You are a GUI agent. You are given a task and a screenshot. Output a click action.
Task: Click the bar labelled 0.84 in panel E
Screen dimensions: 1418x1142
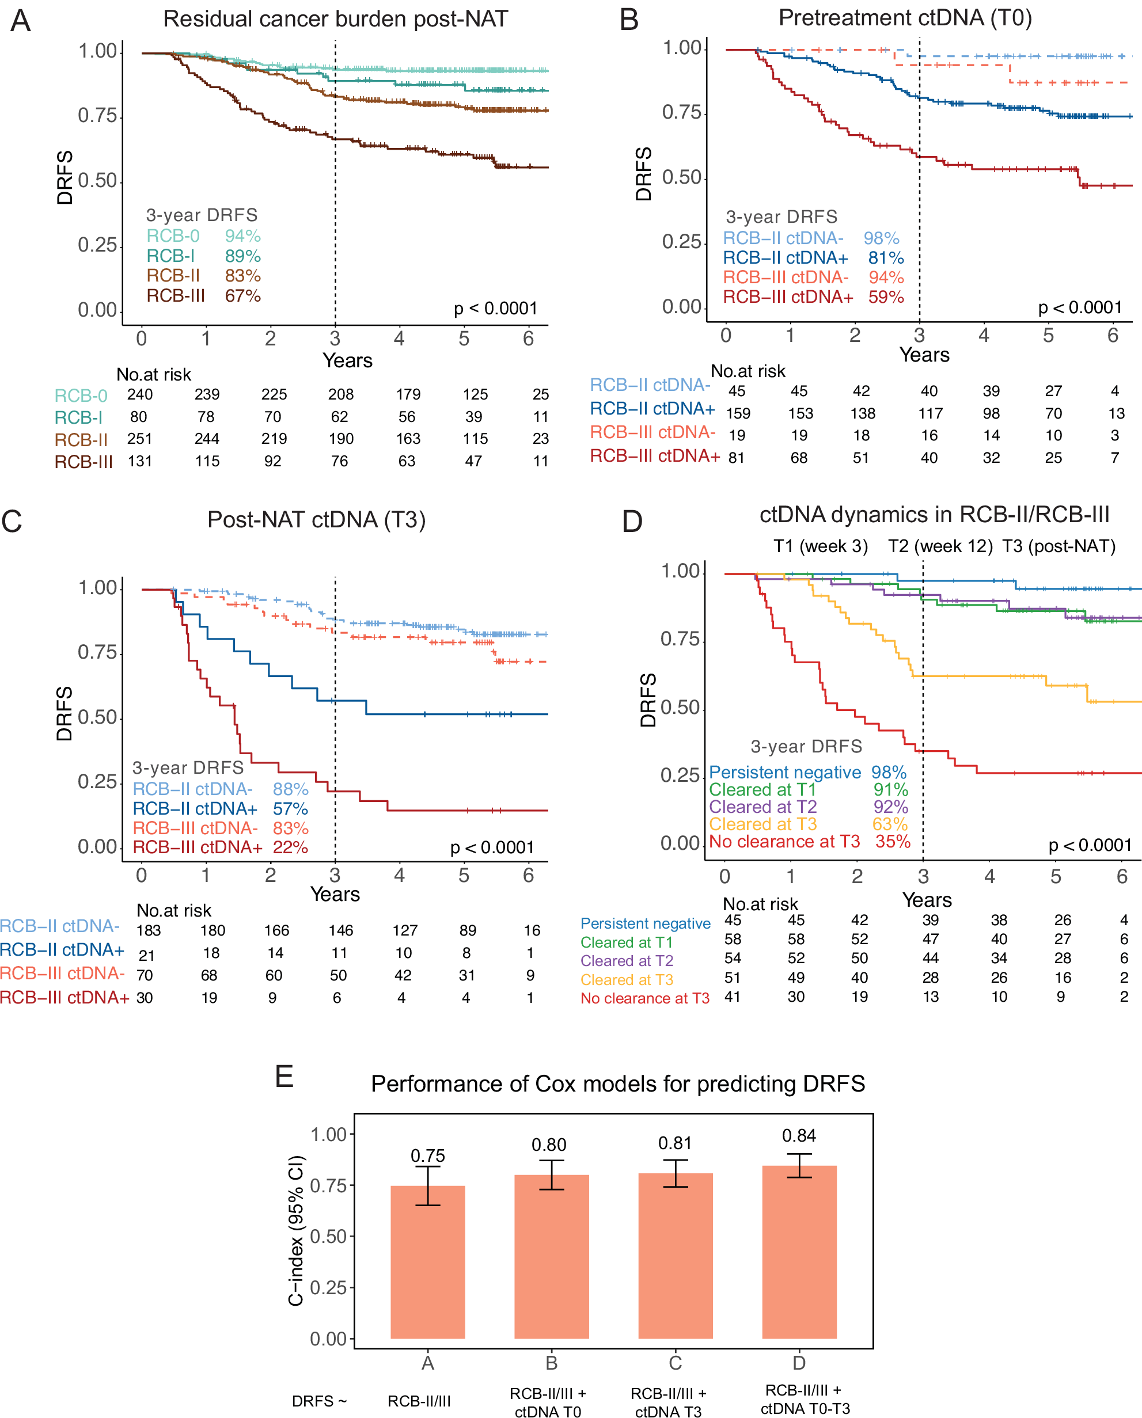pos(799,1253)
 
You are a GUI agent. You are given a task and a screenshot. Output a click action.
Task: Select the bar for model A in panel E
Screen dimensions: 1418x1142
pos(427,1263)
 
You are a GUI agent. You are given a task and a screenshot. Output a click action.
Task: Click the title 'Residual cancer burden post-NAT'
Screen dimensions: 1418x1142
pos(336,19)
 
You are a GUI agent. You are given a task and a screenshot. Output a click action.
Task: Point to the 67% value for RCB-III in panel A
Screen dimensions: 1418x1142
pos(243,296)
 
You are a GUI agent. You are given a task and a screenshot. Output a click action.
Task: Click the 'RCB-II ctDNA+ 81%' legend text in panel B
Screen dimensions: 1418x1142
pos(813,258)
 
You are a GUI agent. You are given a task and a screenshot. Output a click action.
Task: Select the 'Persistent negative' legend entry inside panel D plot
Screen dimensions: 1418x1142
pos(785,772)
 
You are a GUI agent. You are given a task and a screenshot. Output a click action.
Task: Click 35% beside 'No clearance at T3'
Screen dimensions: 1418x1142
pos(893,841)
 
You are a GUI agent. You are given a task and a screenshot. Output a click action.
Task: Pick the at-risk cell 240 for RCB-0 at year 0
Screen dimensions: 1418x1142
pos(139,394)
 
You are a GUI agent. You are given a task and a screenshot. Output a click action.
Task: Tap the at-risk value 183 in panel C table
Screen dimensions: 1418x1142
pos(148,930)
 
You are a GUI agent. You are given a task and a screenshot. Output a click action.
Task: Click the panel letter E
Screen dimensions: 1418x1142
pos(283,1077)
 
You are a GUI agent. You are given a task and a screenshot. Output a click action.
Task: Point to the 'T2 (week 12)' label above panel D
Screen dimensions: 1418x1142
pos(940,546)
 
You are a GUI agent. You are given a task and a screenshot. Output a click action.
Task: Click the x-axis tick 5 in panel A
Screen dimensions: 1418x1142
pos(464,339)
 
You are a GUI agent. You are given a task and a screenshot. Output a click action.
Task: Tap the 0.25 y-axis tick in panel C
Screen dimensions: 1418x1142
pos(97,781)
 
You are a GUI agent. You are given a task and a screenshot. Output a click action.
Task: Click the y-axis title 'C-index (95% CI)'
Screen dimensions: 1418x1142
pos(296,1230)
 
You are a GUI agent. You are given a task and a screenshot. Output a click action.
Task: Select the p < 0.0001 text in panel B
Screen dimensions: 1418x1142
pos(1079,308)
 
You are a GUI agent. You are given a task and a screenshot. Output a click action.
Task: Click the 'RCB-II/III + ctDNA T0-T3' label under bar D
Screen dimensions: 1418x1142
pos(804,1400)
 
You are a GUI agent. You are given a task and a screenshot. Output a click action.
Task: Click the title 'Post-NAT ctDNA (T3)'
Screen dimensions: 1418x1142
pos(316,519)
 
